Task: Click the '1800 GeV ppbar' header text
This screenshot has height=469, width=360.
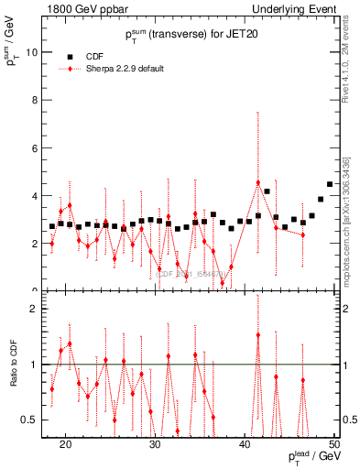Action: click(82, 8)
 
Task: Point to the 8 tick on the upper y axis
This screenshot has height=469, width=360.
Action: click(37, 100)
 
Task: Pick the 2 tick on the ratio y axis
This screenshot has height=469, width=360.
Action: click(37, 309)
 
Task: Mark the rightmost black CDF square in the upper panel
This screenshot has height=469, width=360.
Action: click(330, 184)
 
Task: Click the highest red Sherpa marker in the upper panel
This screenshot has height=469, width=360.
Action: click(258, 182)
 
